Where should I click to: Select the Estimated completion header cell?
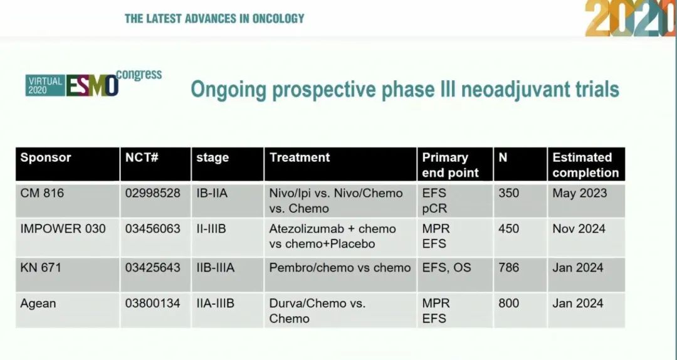[585, 165]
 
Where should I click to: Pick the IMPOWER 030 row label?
[63, 229]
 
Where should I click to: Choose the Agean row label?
[38, 304]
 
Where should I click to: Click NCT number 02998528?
[153, 193]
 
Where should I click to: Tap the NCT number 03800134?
[153, 304]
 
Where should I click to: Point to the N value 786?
[508, 268]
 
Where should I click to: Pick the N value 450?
[508, 229]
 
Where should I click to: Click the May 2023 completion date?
[579, 193]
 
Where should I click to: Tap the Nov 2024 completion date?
[579, 229]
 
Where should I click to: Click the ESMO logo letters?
[92, 85]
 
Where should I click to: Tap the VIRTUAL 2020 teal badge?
[45, 85]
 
